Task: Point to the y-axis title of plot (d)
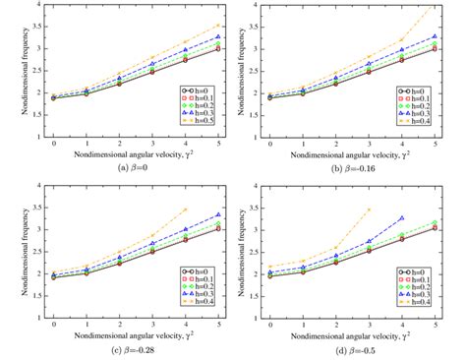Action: [243, 253]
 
